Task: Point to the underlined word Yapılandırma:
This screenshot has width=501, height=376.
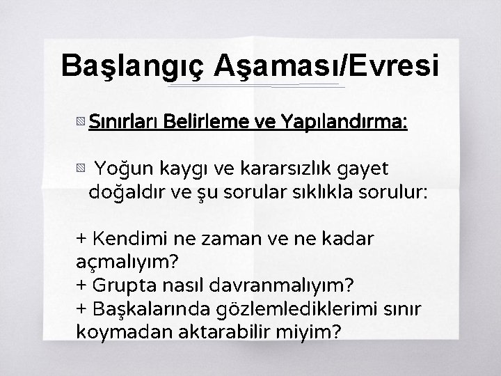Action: tap(347, 123)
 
